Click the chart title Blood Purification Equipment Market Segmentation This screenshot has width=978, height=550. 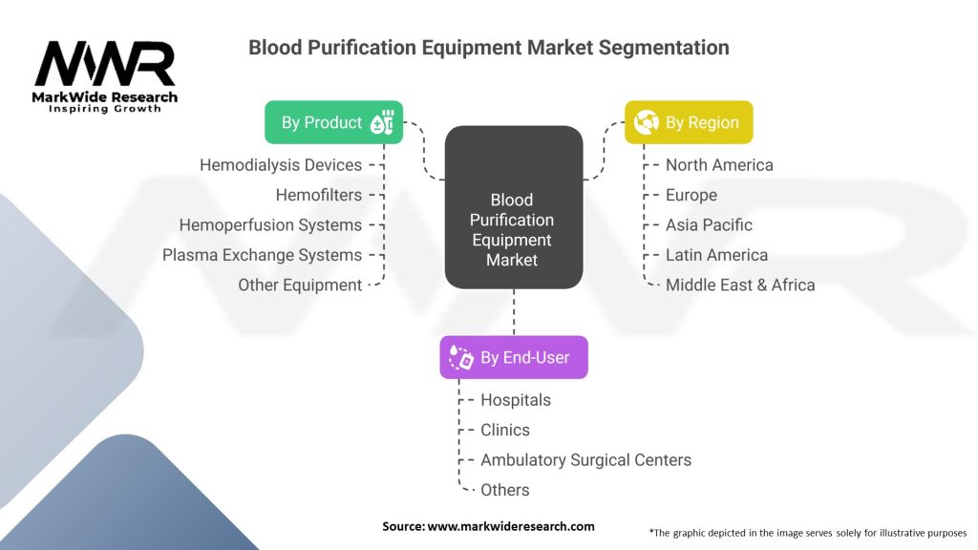click(488, 47)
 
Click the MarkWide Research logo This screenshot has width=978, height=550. click(105, 76)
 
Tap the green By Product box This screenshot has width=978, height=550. click(333, 122)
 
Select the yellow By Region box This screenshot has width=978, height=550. click(689, 122)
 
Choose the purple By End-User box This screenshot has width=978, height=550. click(513, 357)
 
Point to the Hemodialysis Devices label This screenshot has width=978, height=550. click(281, 165)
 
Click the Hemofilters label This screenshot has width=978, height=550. click(318, 195)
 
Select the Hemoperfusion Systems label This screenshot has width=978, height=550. click(270, 225)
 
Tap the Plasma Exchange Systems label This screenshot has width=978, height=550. click(262, 255)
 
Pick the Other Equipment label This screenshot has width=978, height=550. click(300, 286)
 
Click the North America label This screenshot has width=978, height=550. click(719, 165)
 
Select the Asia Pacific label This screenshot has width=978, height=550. click(709, 225)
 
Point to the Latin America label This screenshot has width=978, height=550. click(716, 255)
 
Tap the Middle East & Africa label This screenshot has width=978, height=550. click(740, 286)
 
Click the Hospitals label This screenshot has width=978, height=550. click(516, 400)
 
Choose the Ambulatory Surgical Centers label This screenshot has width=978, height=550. click(585, 460)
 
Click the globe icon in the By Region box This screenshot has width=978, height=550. click(647, 122)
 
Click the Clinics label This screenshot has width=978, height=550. click(505, 430)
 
